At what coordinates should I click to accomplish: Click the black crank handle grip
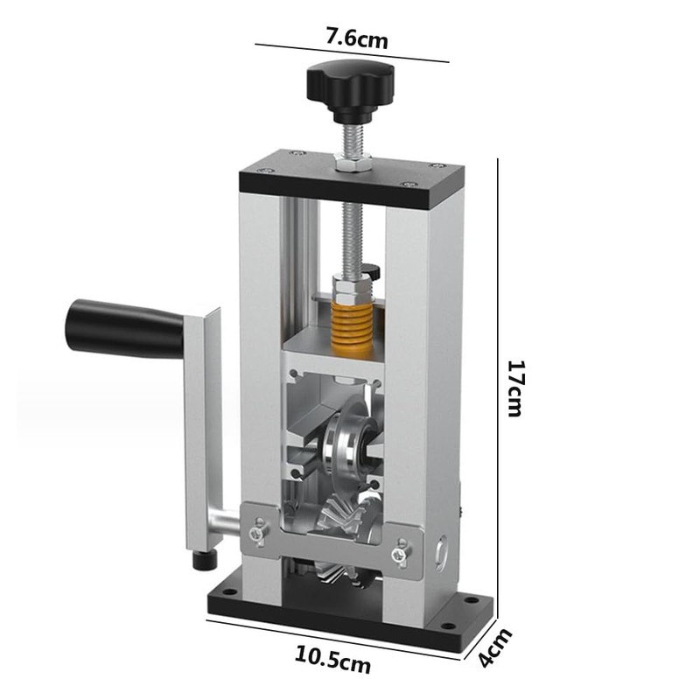(x=122, y=326)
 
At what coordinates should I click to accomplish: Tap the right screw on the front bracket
(x=401, y=551)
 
